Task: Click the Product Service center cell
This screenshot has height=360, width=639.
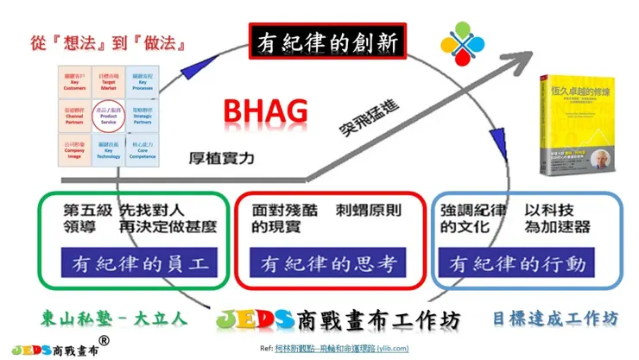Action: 109,117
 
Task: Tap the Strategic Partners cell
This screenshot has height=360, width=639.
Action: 144,117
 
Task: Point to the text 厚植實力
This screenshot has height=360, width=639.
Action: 224,159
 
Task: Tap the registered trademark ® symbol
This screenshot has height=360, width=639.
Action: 104,342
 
